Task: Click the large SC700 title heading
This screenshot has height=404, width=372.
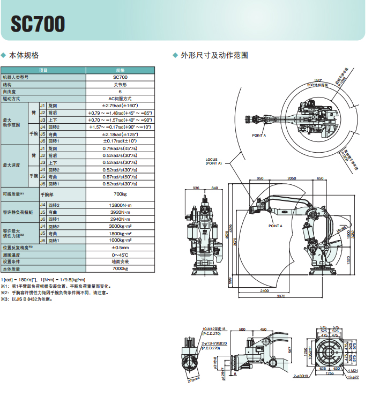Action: (x=38, y=24)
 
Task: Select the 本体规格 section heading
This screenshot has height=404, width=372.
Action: (x=24, y=55)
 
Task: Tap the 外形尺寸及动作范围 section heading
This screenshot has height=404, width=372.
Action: (x=214, y=55)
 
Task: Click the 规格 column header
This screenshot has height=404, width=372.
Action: (x=120, y=70)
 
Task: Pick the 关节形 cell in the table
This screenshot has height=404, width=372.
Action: (x=120, y=85)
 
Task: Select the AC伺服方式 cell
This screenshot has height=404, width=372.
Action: (x=120, y=99)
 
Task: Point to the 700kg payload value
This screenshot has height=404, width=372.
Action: (x=120, y=193)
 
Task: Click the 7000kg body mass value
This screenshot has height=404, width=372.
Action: (x=120, y=268)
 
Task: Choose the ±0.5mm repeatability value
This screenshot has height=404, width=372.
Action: (x=120, y=248)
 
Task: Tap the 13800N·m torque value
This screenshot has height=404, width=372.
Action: (x=120, y=205)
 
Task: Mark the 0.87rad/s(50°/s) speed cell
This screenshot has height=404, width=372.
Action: (x=120, y=176)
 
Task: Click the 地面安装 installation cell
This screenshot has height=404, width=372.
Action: (x=120, y=261)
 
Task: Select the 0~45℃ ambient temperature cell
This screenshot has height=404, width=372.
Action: (x=120, y=255)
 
